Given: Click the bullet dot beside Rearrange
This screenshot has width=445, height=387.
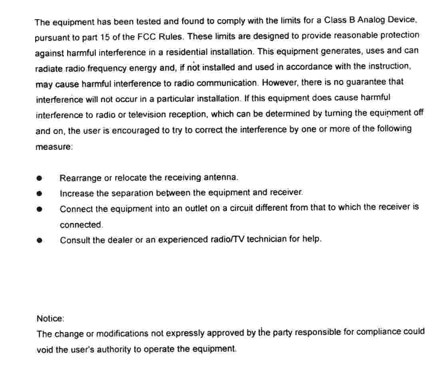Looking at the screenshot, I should point(39,178).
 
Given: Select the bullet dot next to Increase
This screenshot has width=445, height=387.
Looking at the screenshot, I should point(39,193).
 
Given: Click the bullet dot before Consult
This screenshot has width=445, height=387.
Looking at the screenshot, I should point(39,240).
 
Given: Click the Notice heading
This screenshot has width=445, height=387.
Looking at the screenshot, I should point(50,318).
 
